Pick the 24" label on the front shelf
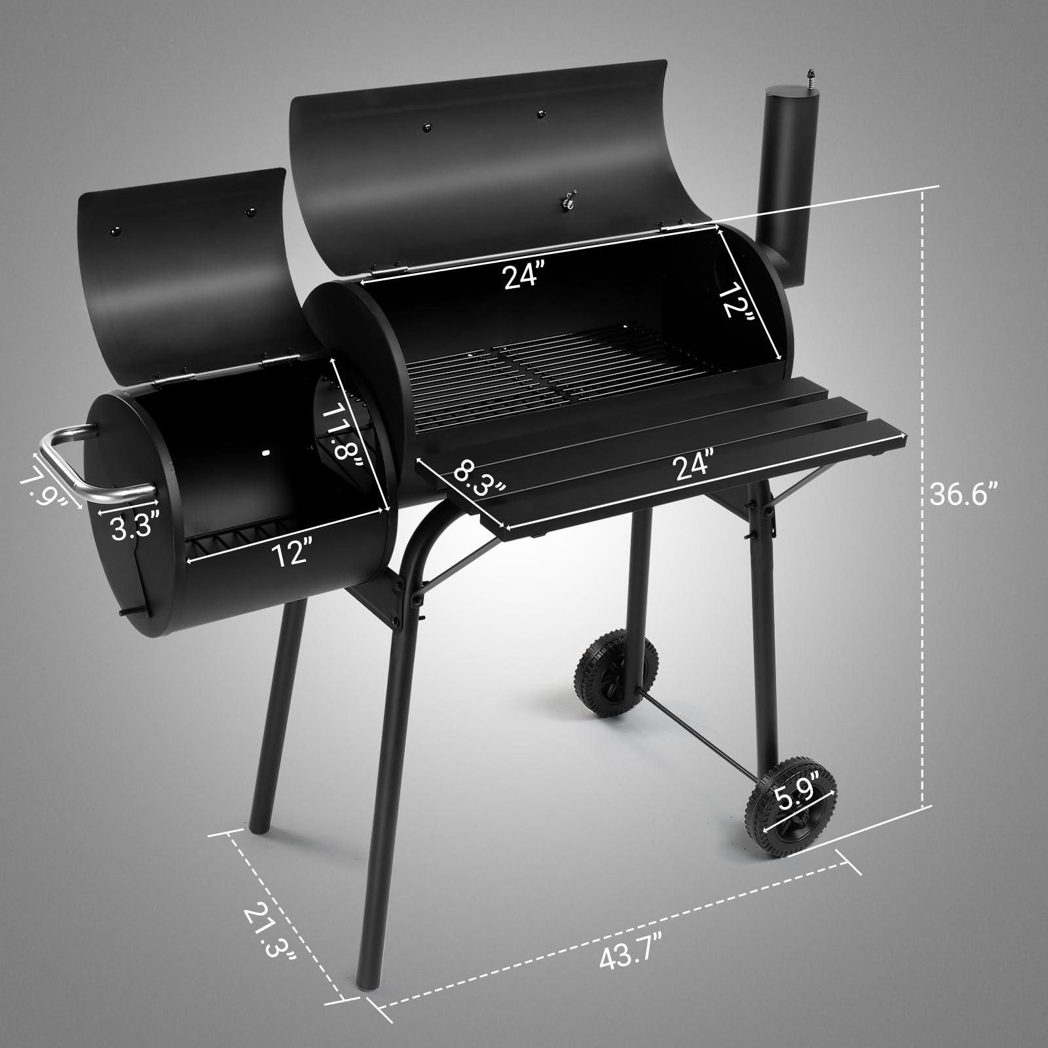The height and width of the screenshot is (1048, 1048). (x=693, y=465)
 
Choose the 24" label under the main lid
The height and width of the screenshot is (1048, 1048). (x=520, y=276)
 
